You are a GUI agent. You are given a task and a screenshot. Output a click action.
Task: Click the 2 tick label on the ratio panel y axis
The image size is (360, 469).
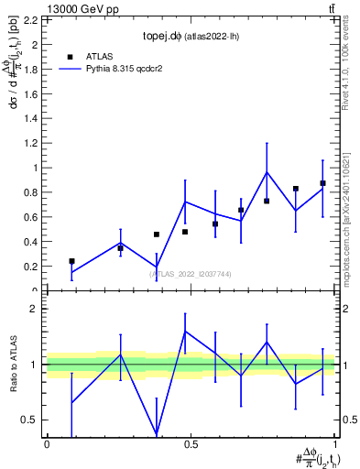point(35,309)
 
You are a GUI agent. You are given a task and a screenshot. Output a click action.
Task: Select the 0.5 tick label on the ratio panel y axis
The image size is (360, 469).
point(31,420)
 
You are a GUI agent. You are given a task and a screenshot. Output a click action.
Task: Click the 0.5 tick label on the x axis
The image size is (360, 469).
point(191,444)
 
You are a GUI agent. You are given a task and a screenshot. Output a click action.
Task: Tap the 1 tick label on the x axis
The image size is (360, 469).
point(334,444)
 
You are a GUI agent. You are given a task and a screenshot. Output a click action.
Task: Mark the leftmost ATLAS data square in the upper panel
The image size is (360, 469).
point(71,261)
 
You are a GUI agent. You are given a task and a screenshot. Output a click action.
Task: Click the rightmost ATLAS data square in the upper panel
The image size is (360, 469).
point(322,183)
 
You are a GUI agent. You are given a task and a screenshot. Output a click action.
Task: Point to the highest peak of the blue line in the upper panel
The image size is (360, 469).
point(267,172)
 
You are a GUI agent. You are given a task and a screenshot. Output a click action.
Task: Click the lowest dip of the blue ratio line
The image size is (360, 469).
point(157,433)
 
